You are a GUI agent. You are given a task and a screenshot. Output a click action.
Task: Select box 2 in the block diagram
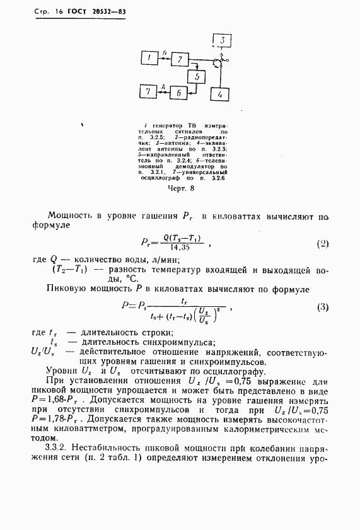pyautogui.click(x=180, y=59)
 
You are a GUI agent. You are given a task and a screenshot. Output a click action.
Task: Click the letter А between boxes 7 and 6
pyautogui.click(x=163, y=87)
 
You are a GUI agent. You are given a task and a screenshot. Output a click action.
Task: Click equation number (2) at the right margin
pyautogui.click(x=322, y=243)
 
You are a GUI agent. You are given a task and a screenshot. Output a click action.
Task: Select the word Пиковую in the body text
pyautogui.click(x=68, y=289)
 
